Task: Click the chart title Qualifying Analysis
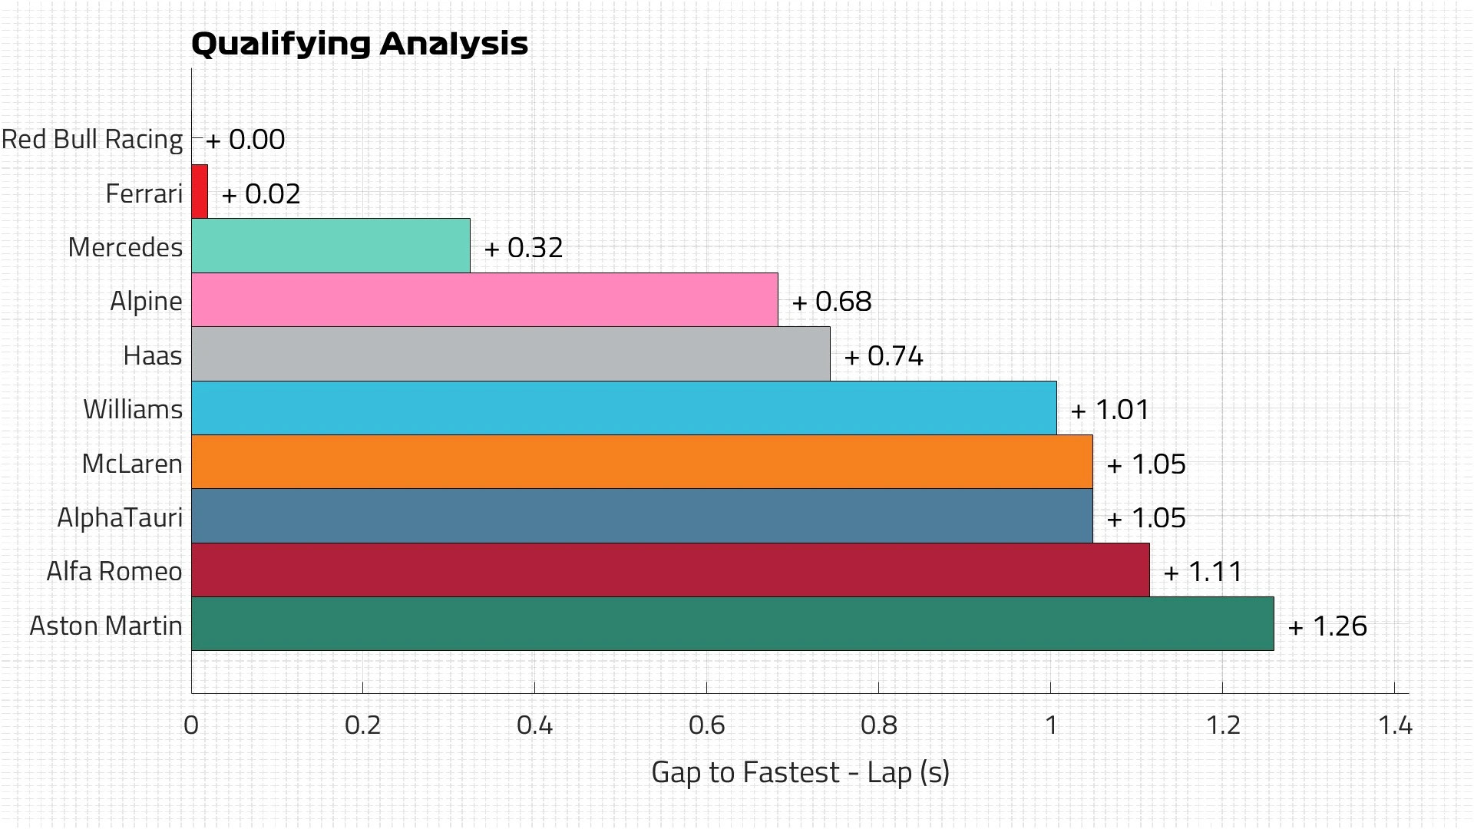[x=359, y=44]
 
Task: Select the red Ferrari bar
[x=200, y=192]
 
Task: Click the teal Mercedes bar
[x=330, y=246]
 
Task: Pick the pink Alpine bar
[x=484, y=300]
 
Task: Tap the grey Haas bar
[x=511, y=354]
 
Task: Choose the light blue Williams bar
[x=623, y=408]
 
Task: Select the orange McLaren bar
[x=641, y=462]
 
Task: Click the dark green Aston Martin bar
[x=732, y=624]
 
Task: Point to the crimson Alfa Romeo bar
[x=669, y=570]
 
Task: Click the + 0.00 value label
[x=246, y=140]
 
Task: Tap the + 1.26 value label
[x=1327, y=626]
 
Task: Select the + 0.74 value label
[x=884, y=356]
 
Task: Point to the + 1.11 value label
[x=1203, y=572]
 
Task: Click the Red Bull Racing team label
[x=92, y=140]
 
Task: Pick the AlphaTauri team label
[x=120, y=517]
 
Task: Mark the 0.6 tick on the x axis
[x=706, y=725]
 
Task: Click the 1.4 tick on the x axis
[x=1394, y=725]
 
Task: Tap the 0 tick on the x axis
[x=191, y=725]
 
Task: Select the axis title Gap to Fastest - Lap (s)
[x=800, y=772]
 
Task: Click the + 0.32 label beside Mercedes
[x=524, y=248]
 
